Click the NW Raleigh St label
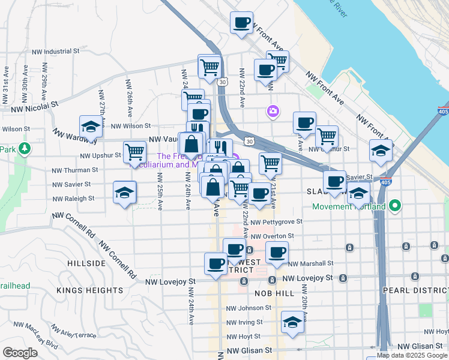pyautogui.click(x=73, y=199)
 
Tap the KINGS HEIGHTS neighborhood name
pyautogui.click(x=89, y=290)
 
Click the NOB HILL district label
pyautogui.click(x=275, y=293)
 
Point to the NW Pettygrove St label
pyautogui.click(x=277, y=221)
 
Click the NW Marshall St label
pyautogui.click(x=310, y=263)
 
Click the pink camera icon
pyautogui.click(x=273, y=111)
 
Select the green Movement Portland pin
pyautogui.click(x=394, y=206)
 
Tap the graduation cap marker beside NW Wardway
pyautogui.click(x=91, y=127)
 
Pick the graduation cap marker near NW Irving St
pyautogui.click(x=292, y=322)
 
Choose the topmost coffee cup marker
pyautogui.click(x=241, y=23)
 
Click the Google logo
pyautogui.click(x=20, y=353)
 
